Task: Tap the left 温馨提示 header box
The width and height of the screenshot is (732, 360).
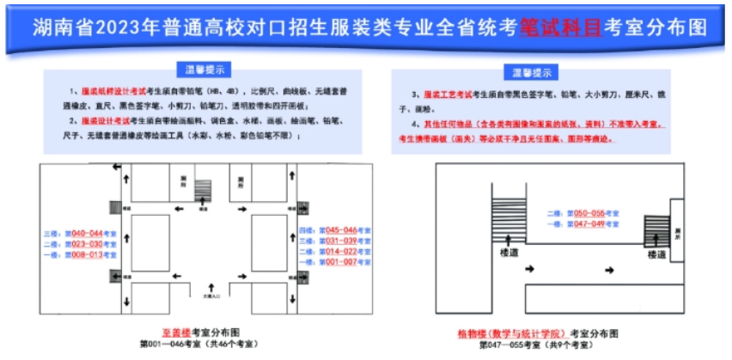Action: pos(204,69)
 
